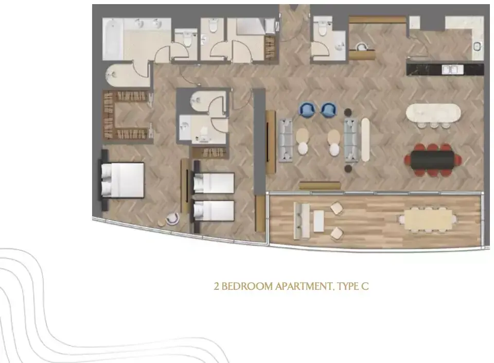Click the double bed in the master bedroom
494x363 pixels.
122,180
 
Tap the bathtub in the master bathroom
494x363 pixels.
113,39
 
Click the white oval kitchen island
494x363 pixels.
433,112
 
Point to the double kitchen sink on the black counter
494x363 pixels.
452,70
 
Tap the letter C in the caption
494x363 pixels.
365,286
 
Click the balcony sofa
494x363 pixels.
302,220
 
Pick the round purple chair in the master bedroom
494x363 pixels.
172,219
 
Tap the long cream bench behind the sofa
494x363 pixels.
365,140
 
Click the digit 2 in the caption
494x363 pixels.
217,286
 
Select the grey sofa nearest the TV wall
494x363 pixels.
286,140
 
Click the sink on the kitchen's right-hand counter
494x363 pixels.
478,46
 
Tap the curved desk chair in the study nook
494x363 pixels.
362,47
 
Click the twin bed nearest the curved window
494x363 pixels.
214,211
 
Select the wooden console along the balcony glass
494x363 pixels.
320,185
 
